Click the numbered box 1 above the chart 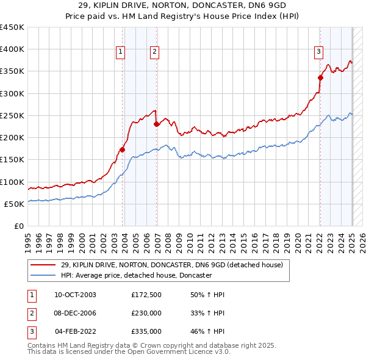[121, 52]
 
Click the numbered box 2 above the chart [155, 52]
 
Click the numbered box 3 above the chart [318, 52]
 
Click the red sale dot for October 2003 [123, 149]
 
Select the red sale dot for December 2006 [157, 124]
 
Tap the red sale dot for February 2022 [320, 77]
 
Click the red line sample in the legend [43, 265]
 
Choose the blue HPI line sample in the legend [43, 276]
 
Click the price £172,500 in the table [146, 295]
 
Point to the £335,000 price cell [146, 332]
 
